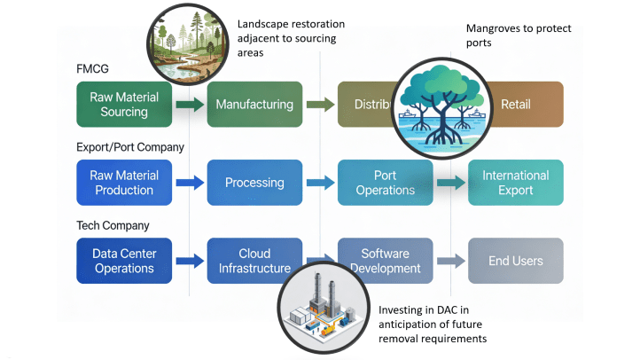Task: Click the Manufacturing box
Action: [x=254, y=105]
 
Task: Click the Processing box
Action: [x=254, y=183]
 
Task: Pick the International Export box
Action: [x=516, y=183]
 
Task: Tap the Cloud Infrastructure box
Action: [x=254, y=261]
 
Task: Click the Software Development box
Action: [x=385, y=261]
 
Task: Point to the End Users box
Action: [x=516, y=261]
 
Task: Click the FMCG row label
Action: [x=93, y=68]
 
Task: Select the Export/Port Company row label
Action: [x=129, y=147]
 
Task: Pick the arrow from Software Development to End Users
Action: [x=450, y=261]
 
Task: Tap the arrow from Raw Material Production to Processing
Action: [x=190, y=183]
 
